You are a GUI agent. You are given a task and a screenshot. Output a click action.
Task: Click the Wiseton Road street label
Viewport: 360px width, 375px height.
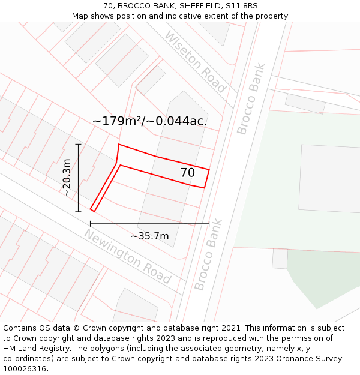(x=195, y=62)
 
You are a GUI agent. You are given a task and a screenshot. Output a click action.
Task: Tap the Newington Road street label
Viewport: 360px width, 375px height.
(x=128, y=256)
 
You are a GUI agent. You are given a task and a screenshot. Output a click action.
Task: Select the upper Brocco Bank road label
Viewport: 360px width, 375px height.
(x=251, y=98)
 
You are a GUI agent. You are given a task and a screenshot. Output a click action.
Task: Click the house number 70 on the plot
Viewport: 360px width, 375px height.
(x=188, y=173)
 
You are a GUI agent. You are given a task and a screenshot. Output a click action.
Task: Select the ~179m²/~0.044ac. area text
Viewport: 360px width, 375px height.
(x=150, y=121)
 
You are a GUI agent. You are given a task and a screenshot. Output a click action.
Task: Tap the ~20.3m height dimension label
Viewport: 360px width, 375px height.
(x=67, y=178)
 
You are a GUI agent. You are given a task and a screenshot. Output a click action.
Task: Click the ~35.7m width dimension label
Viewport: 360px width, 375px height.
(x=149, y=236)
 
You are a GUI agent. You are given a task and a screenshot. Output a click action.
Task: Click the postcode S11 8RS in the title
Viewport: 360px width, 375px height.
(x=242, y=6)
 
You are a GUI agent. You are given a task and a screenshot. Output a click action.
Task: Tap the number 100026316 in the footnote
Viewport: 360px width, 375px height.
(x=26, y=369)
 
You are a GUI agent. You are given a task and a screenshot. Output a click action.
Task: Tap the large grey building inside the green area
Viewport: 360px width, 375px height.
(x=329, y=178)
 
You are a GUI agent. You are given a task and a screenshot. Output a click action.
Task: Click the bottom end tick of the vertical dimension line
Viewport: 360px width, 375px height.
(x=78, y=211)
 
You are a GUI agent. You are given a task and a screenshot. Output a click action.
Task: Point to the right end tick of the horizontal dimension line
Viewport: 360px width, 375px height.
(x=209, y=224)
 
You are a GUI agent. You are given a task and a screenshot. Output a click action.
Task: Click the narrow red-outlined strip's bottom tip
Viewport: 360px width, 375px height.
(x=92, y=210)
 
